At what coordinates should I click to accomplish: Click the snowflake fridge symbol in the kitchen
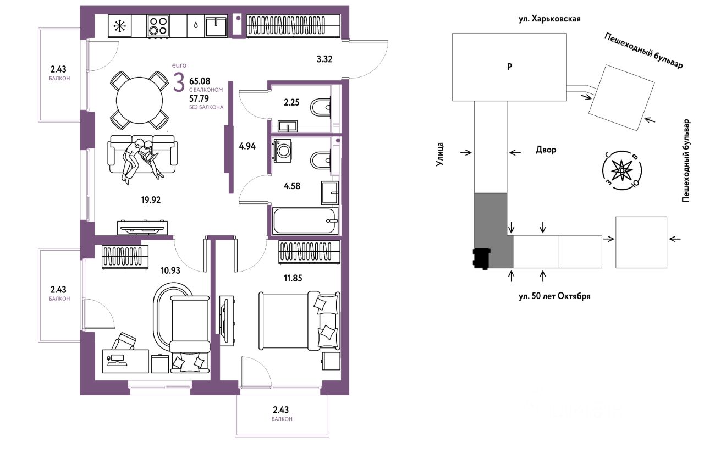[x=119, y=26]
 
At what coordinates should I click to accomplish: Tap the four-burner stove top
[x=158, y=26]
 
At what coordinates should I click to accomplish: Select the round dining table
[x=139, y=101]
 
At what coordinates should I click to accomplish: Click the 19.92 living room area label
[x=151, y=200]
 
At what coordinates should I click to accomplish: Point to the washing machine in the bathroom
[x=283, y=151]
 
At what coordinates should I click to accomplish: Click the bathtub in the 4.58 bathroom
[x=305, y=221]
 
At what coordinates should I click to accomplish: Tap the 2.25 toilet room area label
[x=291, y=102]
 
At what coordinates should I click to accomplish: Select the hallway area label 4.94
[x=248, y=146]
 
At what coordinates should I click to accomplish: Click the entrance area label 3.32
[x=324, y=59]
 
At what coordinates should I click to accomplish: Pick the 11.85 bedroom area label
[x=293, y=278]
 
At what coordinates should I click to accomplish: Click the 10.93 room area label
[x=170, y=270]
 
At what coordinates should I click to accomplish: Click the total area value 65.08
[x=200, y=81]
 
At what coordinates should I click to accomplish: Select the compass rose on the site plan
[x=621, y=170]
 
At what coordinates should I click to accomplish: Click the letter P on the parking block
[x=509, y=67]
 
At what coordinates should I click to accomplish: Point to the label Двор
[x=546, y=150]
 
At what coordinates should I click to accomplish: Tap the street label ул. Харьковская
[x=549, y=19]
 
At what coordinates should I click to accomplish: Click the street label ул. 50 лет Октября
[x=555, y=296]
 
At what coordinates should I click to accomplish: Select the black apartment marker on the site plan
[x=481, y=259]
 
